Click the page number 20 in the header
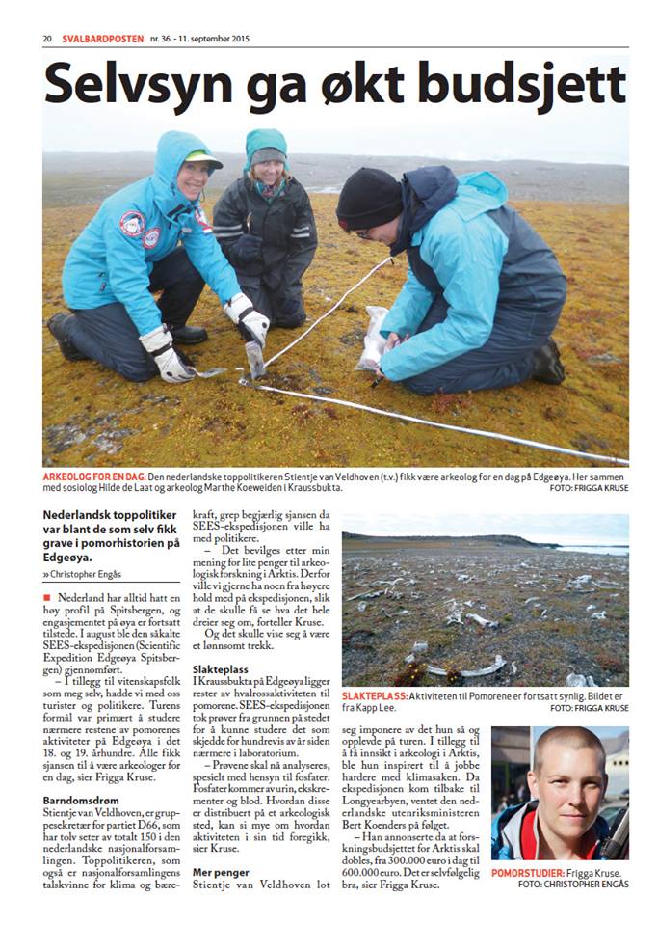(x=46, y=40)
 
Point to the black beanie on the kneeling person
(x=368, y=197)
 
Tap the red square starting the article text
(x=47, y=599)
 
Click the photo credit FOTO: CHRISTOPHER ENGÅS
(x=572, y=884)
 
